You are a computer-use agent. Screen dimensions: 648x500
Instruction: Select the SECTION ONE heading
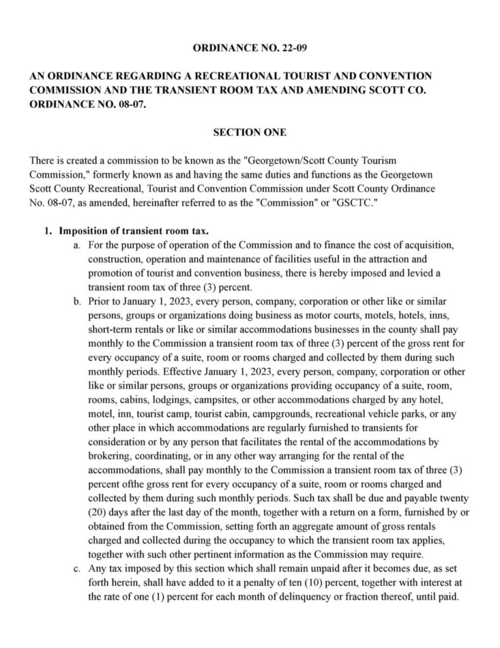click(250, 132)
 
